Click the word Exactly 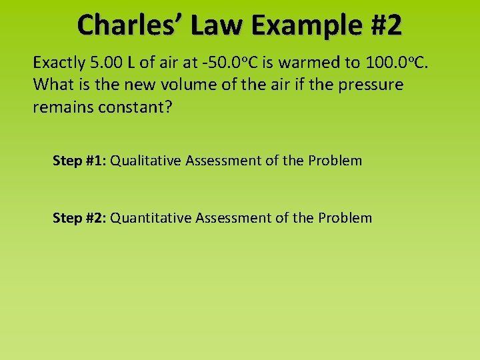(x=59, y=63)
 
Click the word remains (x=61, y=107)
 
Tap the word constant (x=133, y=107)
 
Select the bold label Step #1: (x=79, y=161)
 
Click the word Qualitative (x=145, y=161)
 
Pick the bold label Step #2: (x=79, y=218)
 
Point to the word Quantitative (x=151, y=218)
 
